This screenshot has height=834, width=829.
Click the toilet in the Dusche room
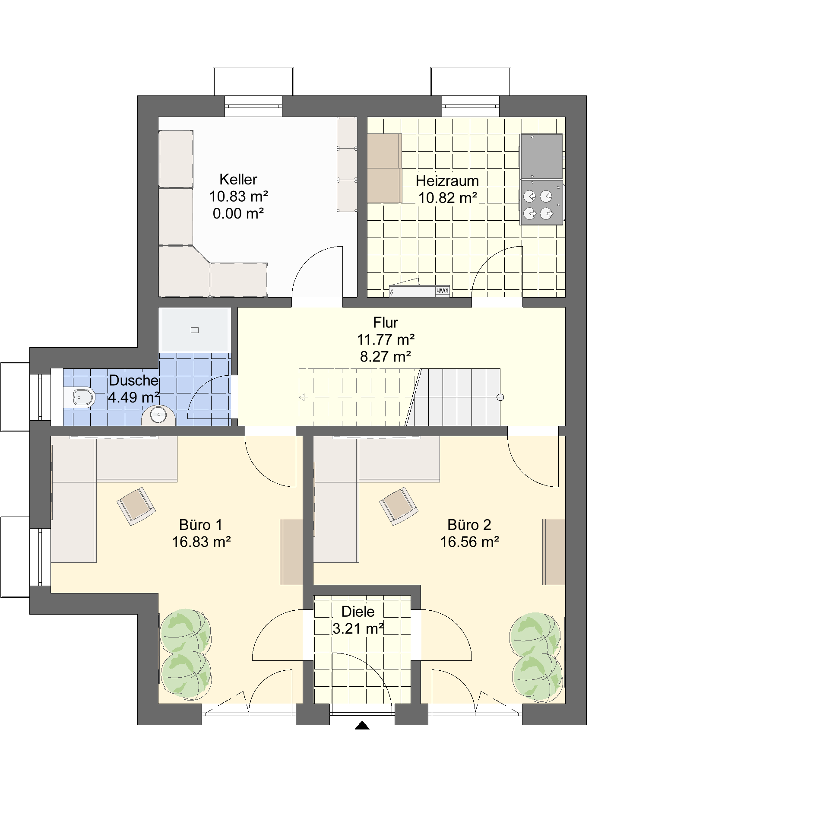coord(82,397)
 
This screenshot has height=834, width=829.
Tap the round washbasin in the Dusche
coord(158,415)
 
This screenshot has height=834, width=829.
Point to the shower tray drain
coord(195,330)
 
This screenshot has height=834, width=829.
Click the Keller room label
coord(238,179)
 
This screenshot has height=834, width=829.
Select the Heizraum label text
coord(447,181)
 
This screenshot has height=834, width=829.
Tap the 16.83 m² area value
coord(201,542)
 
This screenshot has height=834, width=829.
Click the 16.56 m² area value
coord(469,542)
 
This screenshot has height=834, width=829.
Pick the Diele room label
coord(358,612)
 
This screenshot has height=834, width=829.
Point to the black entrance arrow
coord(362,726)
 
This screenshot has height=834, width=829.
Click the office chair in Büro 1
coord(136,506)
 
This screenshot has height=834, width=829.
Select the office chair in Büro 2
coord(399,506)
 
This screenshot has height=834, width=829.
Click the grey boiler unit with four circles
coord(542,202)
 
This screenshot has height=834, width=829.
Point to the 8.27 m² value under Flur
coord(386,357)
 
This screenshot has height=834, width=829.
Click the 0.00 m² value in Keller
coord(238,213)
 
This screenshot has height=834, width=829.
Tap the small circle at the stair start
coord(500,397)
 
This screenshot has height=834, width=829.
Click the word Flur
coord(386,323)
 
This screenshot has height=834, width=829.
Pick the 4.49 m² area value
coord(133,397)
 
